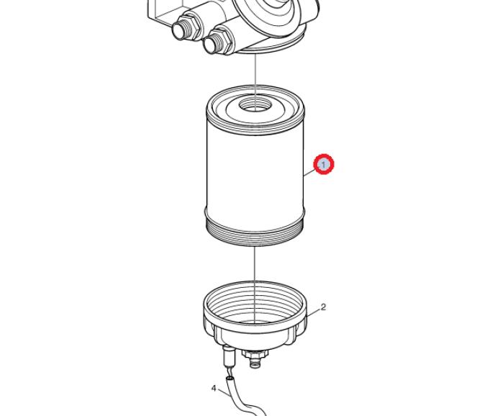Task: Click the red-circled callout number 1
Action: tap(324, 165)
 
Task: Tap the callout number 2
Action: tap(323, 307)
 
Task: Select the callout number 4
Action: tap(214, 389)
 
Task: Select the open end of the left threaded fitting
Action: tap(178, 31)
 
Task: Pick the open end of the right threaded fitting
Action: tap(209, 45)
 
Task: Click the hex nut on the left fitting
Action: tap(192, 27)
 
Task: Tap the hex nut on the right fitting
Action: tap(224, 40)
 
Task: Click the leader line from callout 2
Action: tap(313, 312)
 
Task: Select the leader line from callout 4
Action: tap(224, 393)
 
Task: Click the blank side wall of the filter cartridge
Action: tap(255, 169)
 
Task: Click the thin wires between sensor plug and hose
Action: tap(227, 372)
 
